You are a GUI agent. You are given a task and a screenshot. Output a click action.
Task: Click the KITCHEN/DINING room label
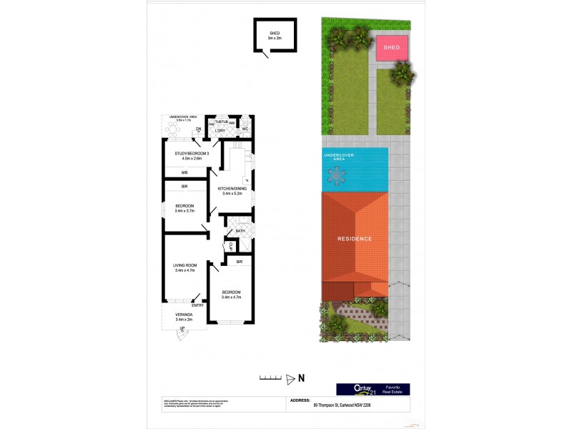(x=232, y=189)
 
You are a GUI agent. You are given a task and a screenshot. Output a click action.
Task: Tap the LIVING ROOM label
(x=184, y=265)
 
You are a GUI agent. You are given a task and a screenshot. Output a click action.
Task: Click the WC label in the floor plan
(x=245, y=129)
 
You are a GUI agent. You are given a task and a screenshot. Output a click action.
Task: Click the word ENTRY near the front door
(x=197, y=305)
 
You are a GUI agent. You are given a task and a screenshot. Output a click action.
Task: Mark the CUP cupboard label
(x=231, y=247)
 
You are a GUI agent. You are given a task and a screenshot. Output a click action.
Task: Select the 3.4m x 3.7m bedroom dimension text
(x=184, y=210)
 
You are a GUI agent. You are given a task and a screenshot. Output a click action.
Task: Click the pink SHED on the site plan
(x=393, y=48)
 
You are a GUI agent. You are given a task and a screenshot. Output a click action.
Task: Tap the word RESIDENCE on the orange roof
(x=355, y=238)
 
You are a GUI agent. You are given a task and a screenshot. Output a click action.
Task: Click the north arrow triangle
(x=290, y=378)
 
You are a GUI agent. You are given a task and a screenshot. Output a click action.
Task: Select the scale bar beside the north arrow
(x=269, y=378)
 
